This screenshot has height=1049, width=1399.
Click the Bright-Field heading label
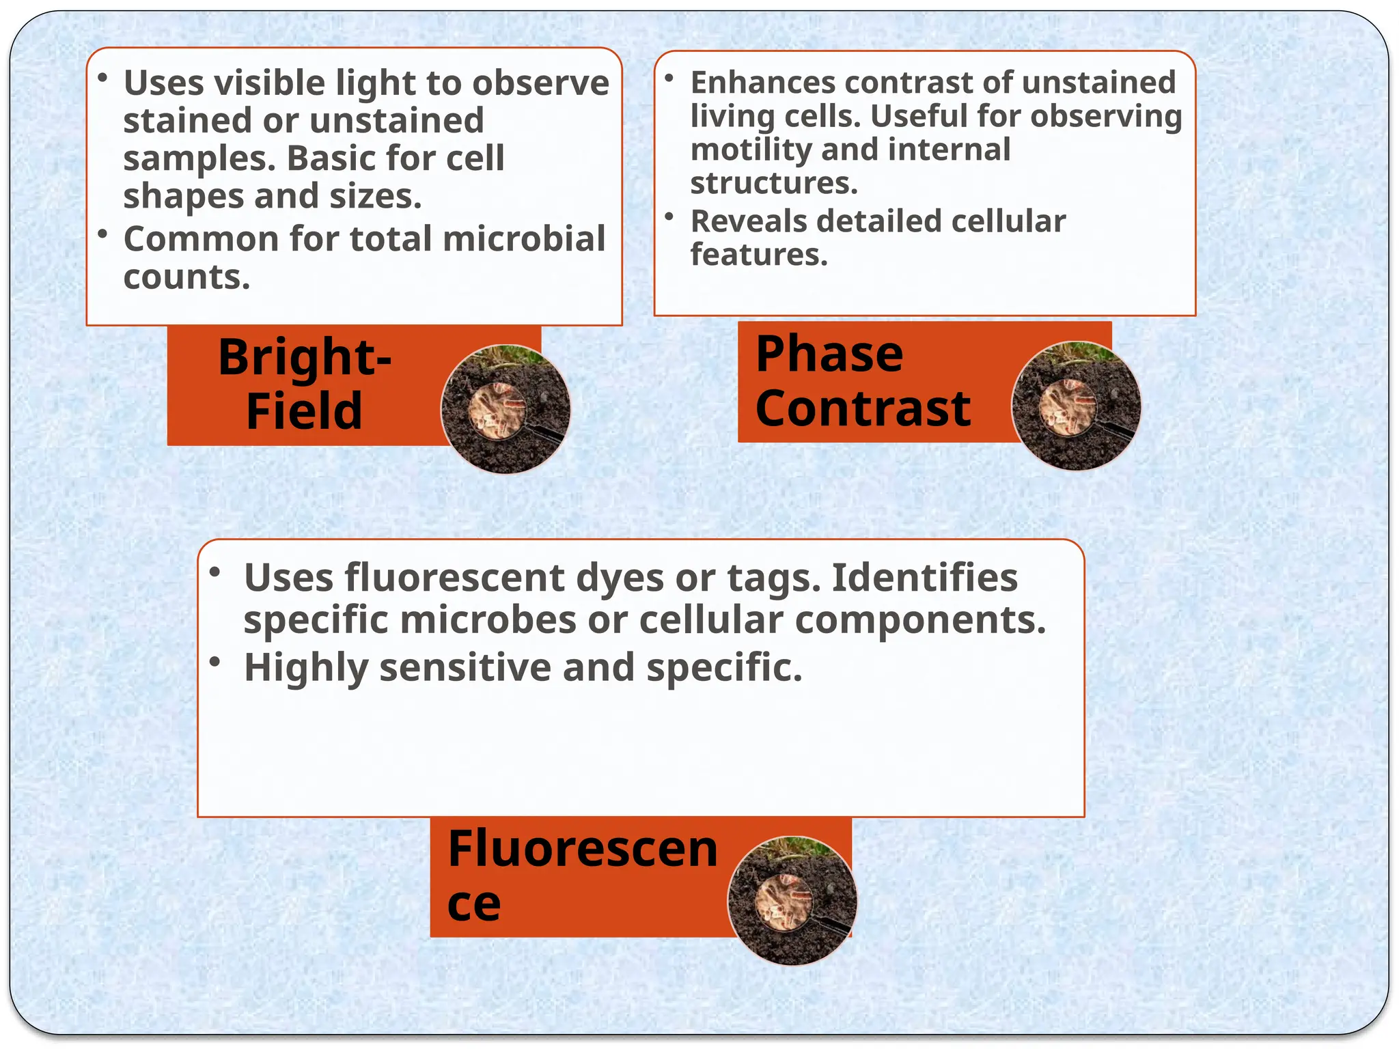pos(305,384)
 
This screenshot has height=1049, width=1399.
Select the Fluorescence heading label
pos(582,875)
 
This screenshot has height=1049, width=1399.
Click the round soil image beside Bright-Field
pos(505,409)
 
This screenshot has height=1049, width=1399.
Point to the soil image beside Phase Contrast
pos(1076,406)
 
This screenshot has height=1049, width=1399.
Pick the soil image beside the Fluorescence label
pos(792,901)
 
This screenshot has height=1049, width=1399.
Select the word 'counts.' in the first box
pos(187,277)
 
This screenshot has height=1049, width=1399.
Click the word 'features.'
pos(759,255)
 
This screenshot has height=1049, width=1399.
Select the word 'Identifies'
pos(925,578)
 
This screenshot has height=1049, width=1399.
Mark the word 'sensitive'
pos(465,667)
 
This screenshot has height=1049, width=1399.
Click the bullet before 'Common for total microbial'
pos(102,234)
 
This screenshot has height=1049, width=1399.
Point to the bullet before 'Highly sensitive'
pos(215,661)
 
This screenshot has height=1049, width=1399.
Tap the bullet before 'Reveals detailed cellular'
pos(669,216)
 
